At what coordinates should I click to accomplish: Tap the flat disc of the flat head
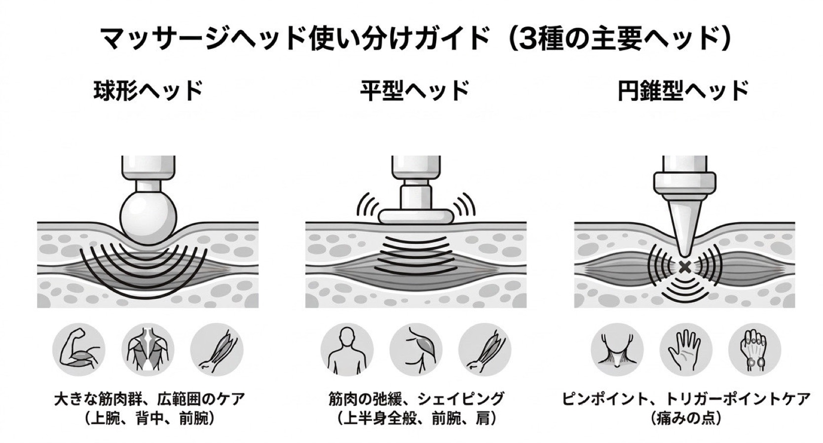(x=415, y=216)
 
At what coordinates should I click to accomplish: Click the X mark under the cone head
(x=684, y=267)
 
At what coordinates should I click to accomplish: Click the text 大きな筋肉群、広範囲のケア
(x=149, y=399)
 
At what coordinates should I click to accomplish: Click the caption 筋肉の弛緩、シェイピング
(x=416, y=399)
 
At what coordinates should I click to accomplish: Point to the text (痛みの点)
(x=686, y=418)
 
